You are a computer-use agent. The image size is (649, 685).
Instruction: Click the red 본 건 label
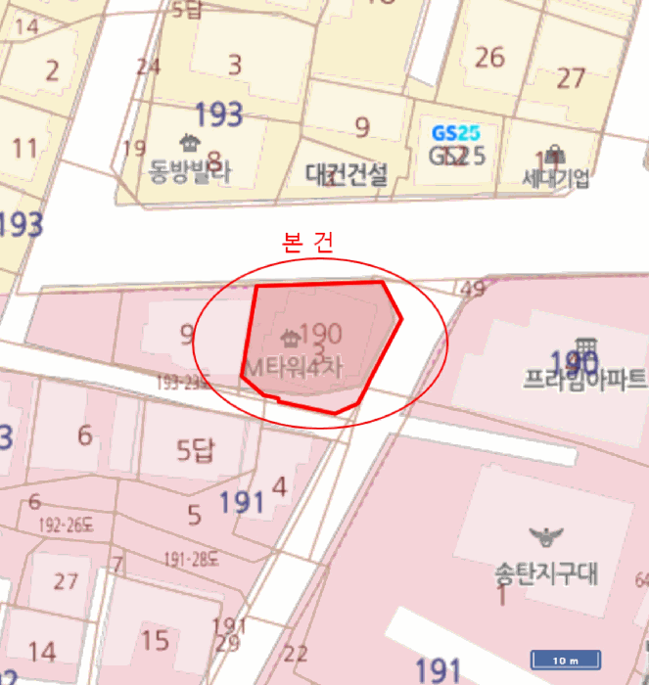pos(306,244)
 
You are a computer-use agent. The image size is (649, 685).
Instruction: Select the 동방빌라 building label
pos(190,173)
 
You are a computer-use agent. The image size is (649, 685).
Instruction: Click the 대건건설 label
pos(347,175)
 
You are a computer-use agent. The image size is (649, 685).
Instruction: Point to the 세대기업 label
pos(556,178)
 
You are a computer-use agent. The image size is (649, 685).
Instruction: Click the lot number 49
pos(472,289)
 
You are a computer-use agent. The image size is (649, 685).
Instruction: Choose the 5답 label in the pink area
pos(195,451)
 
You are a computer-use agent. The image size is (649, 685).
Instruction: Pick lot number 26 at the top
pos(489,57)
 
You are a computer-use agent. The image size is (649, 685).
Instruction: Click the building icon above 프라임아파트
pos(586,347)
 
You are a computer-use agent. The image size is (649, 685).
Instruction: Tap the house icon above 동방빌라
pos(188,143)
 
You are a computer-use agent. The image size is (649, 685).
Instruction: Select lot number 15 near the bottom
pos(155,641)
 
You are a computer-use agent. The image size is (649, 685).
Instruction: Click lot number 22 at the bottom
pos(295,654)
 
